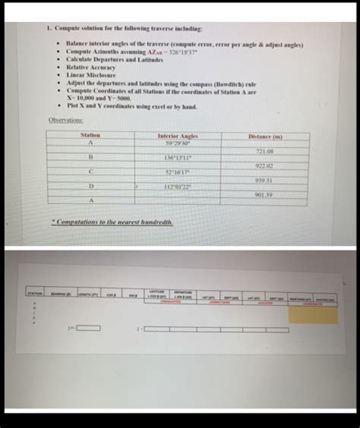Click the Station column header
pyautogui.click(x=90, y=135)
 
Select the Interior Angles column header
pyautogui.click(x=178, y=135)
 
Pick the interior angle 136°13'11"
pyautogui.click(x=178, y=157)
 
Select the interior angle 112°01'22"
pyautogui.click(x=178, y=186)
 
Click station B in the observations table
pyautogui.click(x=90, y=157)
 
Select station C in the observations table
pyautogui.click(x=90, y=172)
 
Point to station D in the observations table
pyautogui.click(x=90, y=186)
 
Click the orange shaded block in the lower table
pyautogui.click(x=313, y=314)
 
